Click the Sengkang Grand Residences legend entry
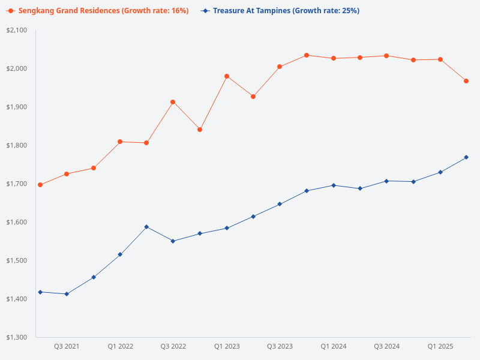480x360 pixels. click(x=99, y=11)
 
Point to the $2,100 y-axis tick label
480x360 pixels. click(x=17, y=30)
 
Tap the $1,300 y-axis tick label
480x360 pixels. click(x=17, y=337)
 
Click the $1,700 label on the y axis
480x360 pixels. click(x=17, y=184)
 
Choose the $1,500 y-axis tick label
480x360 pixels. click(x=17, y=260)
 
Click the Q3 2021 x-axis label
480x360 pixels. click(x=67, y=346)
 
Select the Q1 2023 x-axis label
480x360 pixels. click(x=227, y=346)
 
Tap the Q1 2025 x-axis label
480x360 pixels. click(x=440, y=346)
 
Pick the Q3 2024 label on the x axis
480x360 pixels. click(x=386, y=346)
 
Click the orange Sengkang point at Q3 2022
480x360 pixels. click(x=173, y=102)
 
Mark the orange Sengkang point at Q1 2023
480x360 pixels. click(x=227, y=76)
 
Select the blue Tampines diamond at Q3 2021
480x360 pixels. click(x=67, y=294)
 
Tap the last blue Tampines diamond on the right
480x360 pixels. click(x=466, y=157)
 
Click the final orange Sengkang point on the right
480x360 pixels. click(x=466, y=81)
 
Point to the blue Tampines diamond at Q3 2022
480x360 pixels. click(x=173, y=241)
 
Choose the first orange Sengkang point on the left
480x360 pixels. click(x=40, y=185)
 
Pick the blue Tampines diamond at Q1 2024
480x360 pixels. click(x=333, y=185)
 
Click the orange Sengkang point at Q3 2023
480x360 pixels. click(x=280, y=67)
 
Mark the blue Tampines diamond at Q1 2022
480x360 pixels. click(x=120, y=254)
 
